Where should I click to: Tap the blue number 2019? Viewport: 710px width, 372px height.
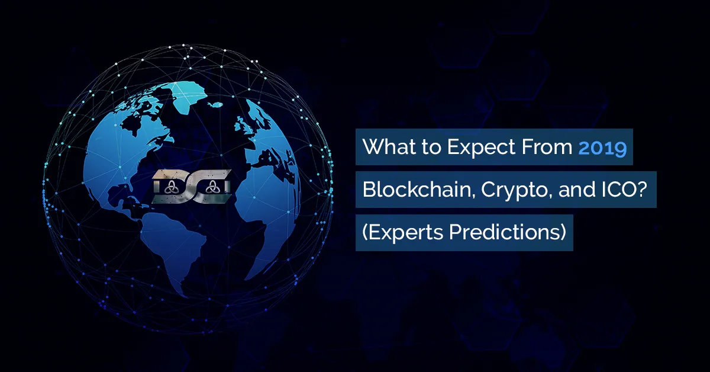click(602, 147)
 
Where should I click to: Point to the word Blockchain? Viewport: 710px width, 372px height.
click(419, 190)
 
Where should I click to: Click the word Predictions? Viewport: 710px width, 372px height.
click(505, 232)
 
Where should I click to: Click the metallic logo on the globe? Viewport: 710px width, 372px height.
click(192, 187)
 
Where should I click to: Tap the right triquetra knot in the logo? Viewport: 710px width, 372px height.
click(211, 187)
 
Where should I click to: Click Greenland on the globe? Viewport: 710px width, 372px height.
click(188, 96)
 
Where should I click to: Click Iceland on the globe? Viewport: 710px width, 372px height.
click(215, 104)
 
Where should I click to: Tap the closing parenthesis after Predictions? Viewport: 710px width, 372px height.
click(563, 233)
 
